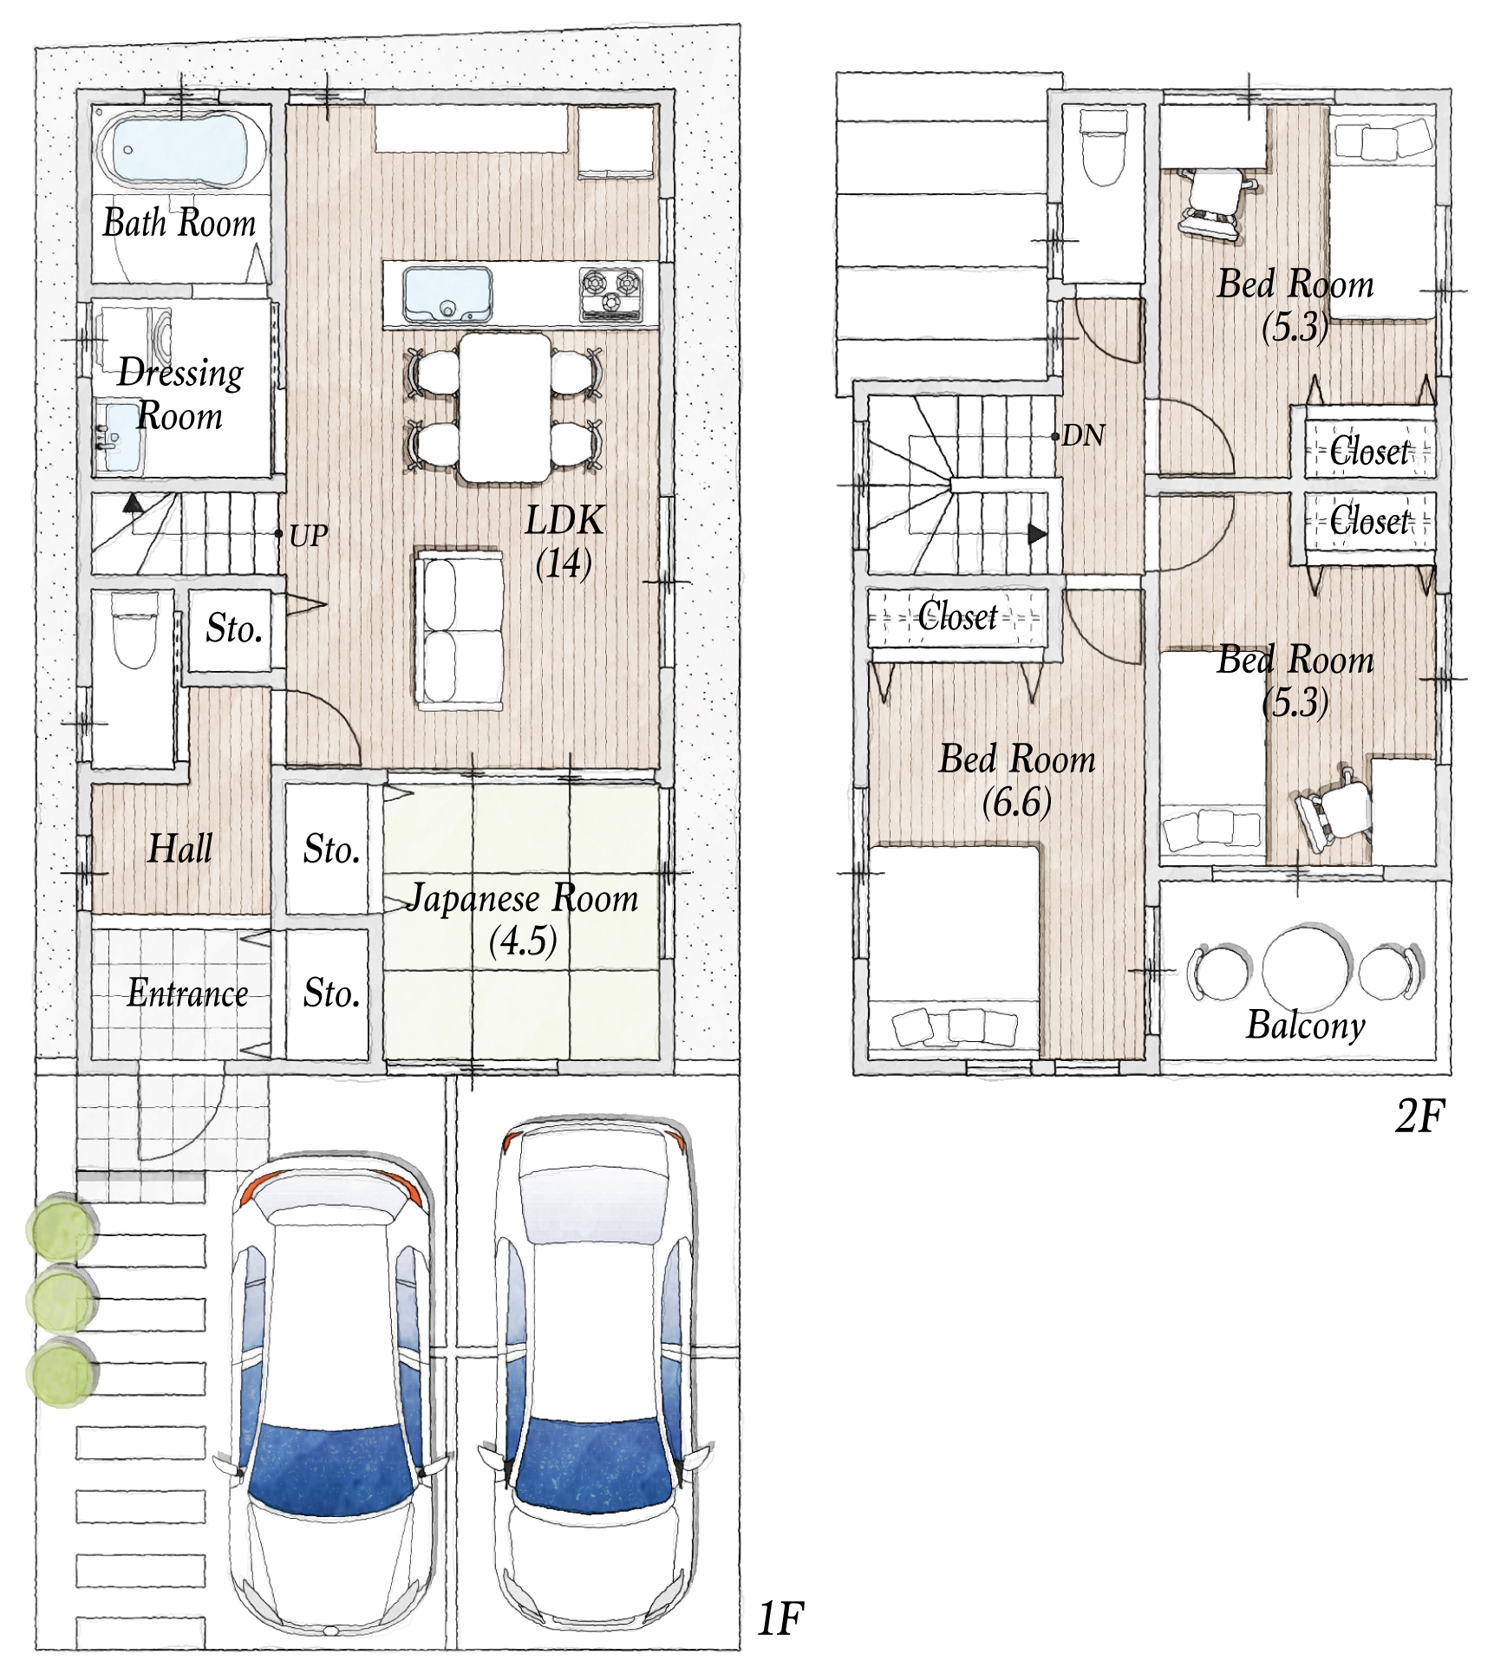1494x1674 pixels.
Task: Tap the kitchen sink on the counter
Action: coord(447,294)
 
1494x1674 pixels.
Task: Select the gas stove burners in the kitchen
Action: coord(610,291)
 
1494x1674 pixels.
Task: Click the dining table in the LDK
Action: coord(505,407)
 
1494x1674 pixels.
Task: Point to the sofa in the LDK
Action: coord(459,629)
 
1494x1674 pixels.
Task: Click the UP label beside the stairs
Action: coord(309,537)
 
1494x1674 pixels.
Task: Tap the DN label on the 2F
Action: coord(1084,435)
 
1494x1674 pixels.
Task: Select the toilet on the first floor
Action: coord(133,630)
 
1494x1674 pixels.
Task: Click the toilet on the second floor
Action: coord(1103,147)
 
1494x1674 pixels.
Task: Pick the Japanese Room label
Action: coord(523,899)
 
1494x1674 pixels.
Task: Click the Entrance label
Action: coord(187,993)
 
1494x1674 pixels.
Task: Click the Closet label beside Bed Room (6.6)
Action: coord(957,616)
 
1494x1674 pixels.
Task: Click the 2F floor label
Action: coord(1419,1116)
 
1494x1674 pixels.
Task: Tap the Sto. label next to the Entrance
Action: coord(331,993)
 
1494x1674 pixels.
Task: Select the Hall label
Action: coord(179,848)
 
